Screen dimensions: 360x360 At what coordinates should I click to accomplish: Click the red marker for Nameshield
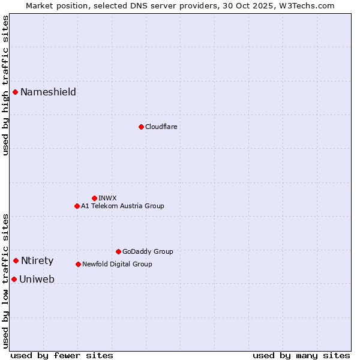16,92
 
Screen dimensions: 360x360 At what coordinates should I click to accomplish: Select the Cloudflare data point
141,127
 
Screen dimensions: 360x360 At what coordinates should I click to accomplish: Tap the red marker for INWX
94,198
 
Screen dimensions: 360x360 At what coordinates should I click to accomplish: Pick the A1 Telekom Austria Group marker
77,206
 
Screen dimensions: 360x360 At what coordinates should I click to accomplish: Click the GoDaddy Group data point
118,251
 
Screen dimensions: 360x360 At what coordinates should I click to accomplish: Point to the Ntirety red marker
16,260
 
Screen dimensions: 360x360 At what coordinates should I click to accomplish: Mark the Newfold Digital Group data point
78,264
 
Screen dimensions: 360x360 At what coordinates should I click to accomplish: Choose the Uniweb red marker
14,279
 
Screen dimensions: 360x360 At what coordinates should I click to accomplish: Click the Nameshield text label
48,92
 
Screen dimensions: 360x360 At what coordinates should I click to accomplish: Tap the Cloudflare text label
161,127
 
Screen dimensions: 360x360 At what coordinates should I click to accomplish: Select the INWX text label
107,198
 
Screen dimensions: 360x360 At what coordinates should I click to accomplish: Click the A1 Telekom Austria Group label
122,206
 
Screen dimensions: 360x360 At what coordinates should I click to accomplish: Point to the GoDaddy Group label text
148,251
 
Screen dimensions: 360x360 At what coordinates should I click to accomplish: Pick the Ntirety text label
37,260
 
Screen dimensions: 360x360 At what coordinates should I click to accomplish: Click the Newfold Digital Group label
117,264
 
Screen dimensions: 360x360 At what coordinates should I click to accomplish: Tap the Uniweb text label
37,279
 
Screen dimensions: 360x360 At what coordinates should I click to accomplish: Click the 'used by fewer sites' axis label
62,355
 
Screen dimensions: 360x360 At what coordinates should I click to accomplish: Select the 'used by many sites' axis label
301,355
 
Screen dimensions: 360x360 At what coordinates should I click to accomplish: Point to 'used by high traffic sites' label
5,85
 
